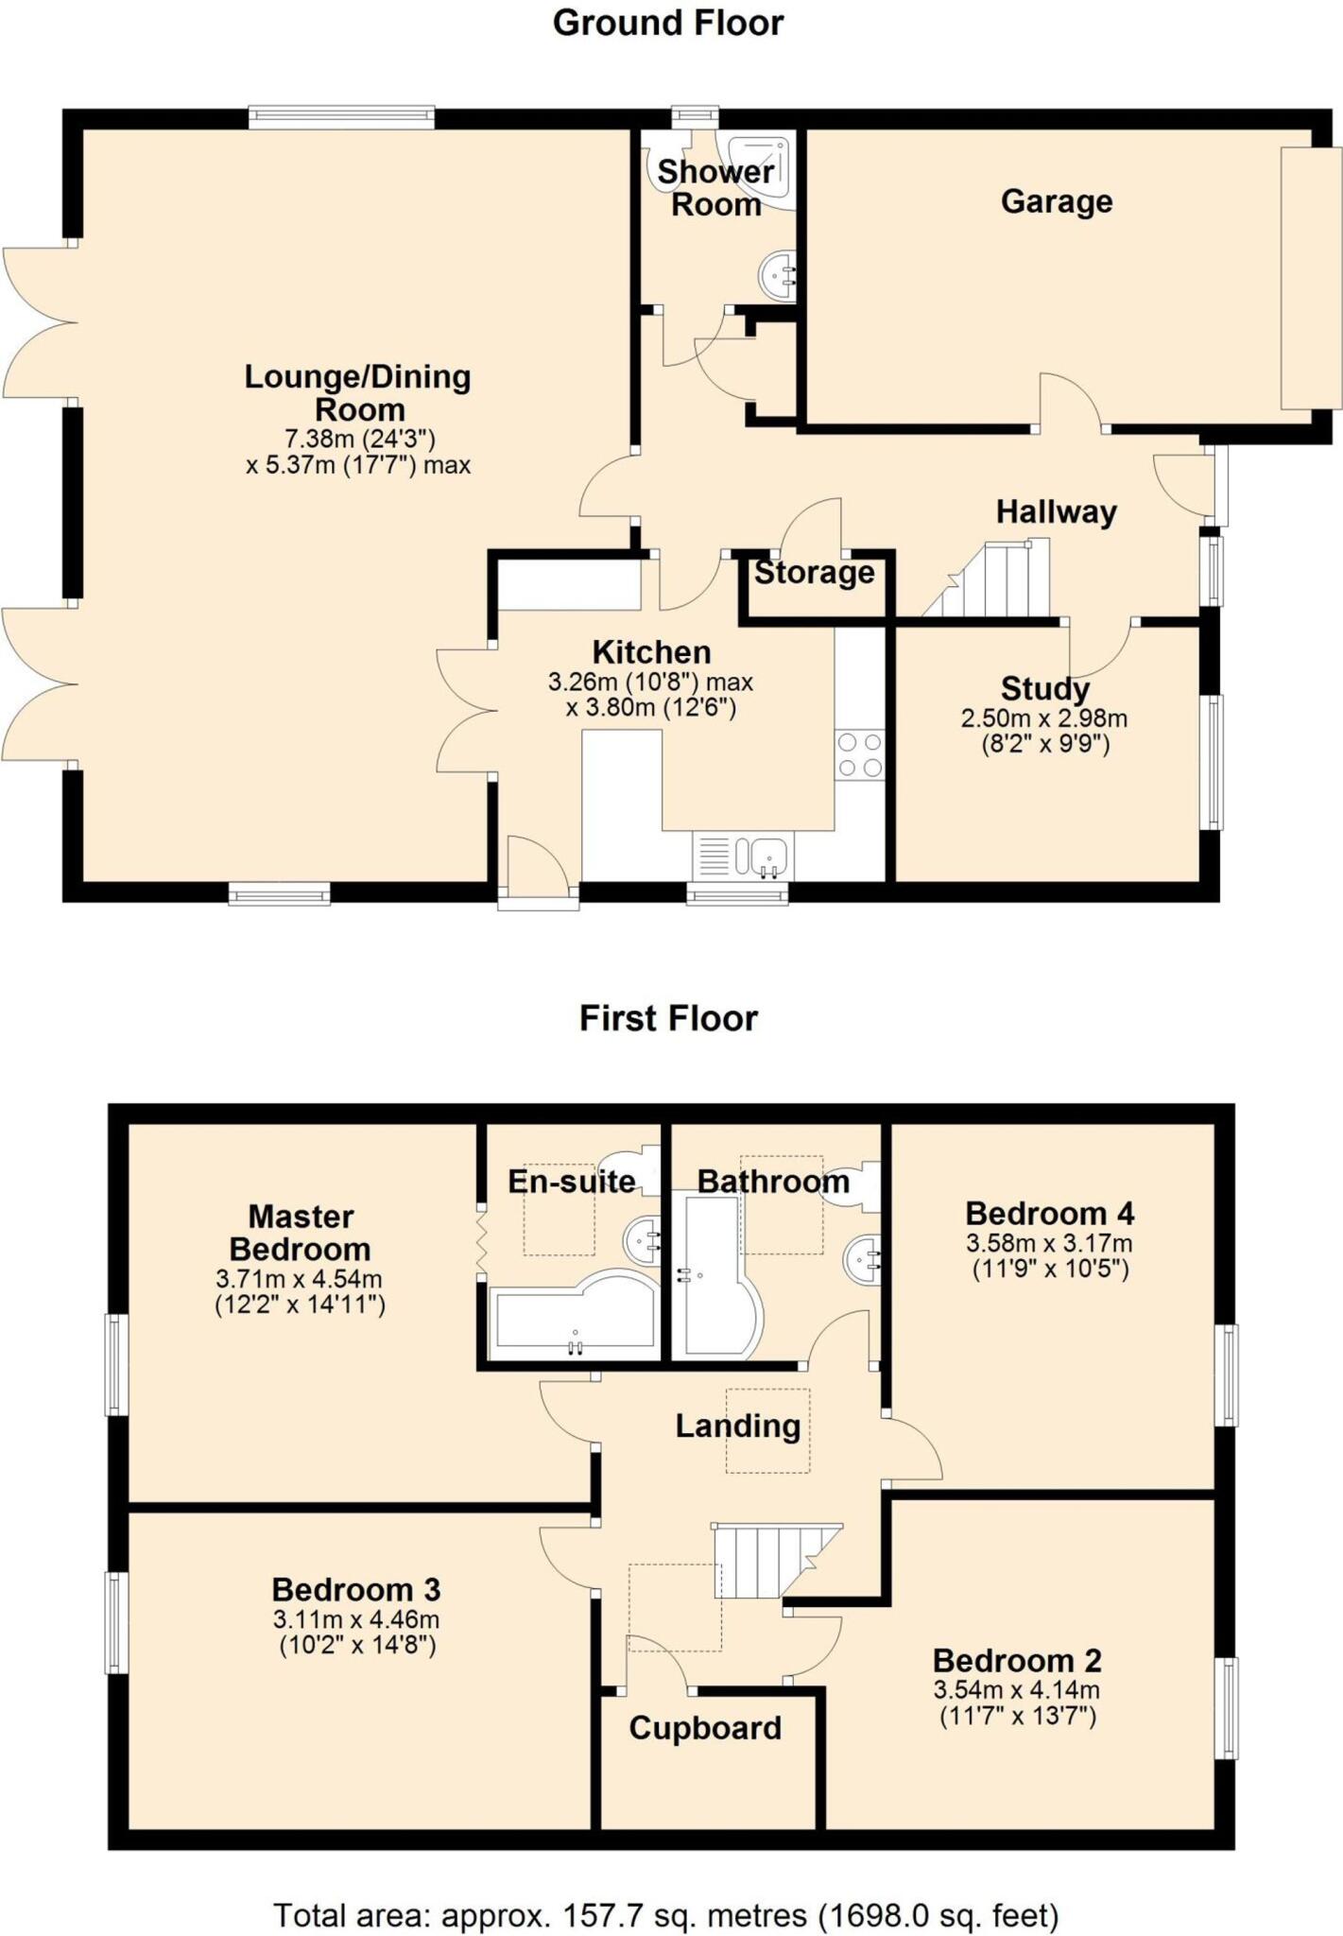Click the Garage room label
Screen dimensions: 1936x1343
coord(1056,201)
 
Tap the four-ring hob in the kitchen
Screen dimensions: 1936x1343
coord(859,754)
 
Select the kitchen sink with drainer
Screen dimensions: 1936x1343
coord(743,856)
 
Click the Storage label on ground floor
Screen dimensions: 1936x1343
coord(814,573)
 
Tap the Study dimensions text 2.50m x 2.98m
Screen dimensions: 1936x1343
coord(1043,718)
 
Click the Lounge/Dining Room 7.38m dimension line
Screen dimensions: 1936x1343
coord(359,439)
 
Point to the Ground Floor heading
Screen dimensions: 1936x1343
coord(668,23)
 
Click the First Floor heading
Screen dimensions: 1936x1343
coord(668,1018)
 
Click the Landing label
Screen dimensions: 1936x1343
coord(737,1426)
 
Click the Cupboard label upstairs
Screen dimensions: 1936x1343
coord(705,1728)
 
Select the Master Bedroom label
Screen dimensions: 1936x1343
coord(300,1233)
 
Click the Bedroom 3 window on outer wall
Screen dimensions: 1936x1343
coord(116,1622)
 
